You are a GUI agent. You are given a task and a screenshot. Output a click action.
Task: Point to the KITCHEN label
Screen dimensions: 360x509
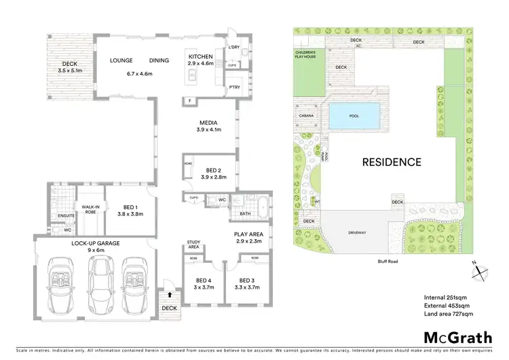pos(201,56)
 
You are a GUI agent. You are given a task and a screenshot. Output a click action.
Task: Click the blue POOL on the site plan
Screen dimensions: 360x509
pos(353,117)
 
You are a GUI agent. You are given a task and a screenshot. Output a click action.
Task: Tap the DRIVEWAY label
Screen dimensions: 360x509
pos(357,232)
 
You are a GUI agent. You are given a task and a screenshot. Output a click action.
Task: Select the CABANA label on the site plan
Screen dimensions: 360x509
pos(303,116)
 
